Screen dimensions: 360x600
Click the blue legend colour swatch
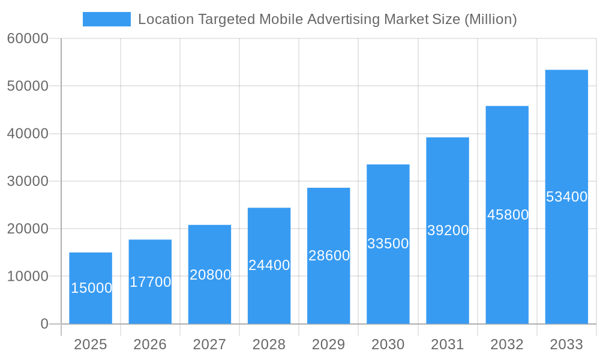pos(107,19)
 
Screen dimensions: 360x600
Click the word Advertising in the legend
pos(344,19)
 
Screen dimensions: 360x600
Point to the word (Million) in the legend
pos(491,19)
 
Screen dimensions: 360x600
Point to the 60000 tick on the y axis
pos(28,39)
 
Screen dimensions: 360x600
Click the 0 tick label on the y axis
pos(44,324)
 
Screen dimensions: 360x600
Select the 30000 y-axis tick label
pos(28,181)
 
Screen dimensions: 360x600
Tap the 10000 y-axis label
pos(28,277)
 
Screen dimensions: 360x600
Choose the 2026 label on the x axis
pos(150,344)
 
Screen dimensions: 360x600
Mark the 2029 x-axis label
pos(329,344)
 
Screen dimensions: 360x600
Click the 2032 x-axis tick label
pos(507,344)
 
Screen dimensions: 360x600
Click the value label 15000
pos(91,288)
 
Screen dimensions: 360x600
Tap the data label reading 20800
pos(210,275)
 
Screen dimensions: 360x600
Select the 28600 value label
pos(329,256)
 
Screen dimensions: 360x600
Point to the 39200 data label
pos(448,230)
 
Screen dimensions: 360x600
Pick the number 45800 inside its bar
pos(508,215)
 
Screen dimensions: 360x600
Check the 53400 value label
pos(566,197)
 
